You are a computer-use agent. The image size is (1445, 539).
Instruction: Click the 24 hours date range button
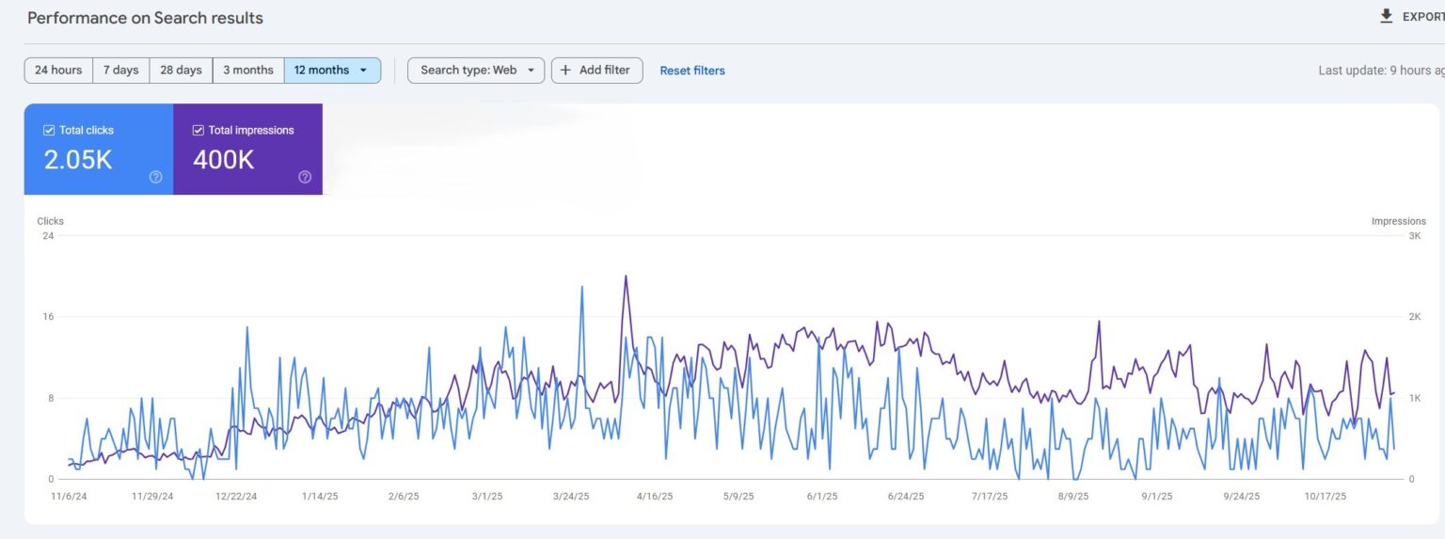58,71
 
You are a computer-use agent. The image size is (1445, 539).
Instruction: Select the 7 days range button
120,71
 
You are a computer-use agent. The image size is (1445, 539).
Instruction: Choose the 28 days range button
181,71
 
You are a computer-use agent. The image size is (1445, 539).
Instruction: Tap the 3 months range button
248,71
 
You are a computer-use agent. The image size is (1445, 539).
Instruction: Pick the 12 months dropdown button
332,71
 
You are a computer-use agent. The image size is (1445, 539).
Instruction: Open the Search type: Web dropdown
476,71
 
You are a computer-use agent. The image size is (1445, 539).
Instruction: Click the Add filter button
596,71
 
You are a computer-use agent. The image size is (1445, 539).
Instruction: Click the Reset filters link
692,71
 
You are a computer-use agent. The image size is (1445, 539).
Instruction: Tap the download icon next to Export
1386,16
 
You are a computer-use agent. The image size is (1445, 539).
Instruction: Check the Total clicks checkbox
49,131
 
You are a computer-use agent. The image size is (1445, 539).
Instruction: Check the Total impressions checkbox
198,131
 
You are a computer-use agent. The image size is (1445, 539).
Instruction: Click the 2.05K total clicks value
78,160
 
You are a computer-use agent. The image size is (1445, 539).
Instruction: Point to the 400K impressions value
224,160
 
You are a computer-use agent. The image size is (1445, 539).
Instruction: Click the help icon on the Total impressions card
305,177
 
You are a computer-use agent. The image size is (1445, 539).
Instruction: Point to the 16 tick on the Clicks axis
47,317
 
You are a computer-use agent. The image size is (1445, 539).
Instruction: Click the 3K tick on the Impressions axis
1414,236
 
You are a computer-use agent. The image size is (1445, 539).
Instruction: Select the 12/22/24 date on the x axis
236,497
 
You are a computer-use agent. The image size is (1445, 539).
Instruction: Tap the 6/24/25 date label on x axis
905,497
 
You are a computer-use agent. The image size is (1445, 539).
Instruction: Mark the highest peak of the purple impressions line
626,277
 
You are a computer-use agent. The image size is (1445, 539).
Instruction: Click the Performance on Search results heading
146,18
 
